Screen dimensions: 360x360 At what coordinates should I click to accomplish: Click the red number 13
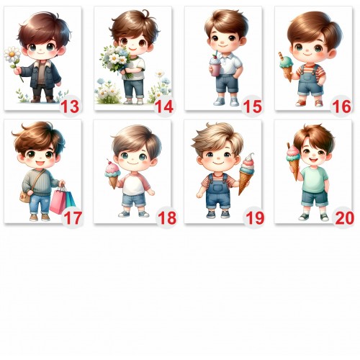(69, 107)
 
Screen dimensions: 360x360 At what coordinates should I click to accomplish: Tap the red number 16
(341, 107)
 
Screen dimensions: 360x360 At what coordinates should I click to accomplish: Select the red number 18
(167, 218)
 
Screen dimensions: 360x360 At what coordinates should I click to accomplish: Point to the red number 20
(345, 218)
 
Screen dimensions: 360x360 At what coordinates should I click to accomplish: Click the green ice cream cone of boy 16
(287, 66)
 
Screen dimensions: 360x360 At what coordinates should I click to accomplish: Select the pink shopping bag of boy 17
(58, 201)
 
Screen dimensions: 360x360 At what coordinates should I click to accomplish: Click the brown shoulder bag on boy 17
(25, 196)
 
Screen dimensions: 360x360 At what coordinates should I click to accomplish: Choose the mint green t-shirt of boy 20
(315, 179)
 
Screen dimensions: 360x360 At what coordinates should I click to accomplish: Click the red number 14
(164, 107)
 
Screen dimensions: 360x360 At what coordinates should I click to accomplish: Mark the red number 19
(255, 218)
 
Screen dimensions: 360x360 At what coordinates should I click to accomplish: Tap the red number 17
(73, 218)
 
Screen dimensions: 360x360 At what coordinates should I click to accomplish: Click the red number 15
(252, 107)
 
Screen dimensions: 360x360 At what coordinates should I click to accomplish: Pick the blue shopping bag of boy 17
(71, 199)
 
